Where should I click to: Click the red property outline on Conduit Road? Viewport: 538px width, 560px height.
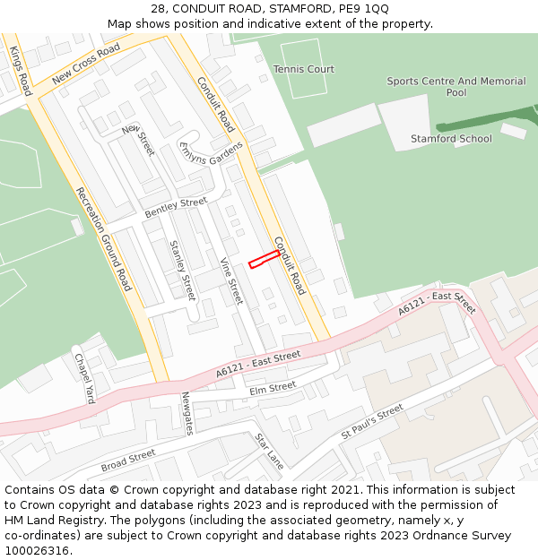tap(264, 259)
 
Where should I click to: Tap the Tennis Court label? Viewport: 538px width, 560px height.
tap(303, 69)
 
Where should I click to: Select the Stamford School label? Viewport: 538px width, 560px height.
tap(451, 139)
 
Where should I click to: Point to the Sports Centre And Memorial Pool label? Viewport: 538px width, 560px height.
tap(456, 87)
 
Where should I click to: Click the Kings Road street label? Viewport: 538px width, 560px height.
tap(22, 71)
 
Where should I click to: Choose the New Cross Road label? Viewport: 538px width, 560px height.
tap(86, 64)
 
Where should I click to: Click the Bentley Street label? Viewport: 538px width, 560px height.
tap(176, 207)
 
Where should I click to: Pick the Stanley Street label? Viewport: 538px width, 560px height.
tap(182, 270)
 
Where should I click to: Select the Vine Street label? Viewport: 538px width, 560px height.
tap(231, 281)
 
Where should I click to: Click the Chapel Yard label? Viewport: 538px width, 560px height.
tap(84, 377)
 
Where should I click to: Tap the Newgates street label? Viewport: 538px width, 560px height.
tap(187, 413)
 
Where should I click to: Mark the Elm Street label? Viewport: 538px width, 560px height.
tap(273, 387)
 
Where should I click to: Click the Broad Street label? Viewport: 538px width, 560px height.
tap(128, 461)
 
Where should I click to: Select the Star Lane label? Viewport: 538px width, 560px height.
tap(269, 452)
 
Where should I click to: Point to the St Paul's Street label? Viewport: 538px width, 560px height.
tap(372, 421)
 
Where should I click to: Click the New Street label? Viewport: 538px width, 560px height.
tap(139, 141)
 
